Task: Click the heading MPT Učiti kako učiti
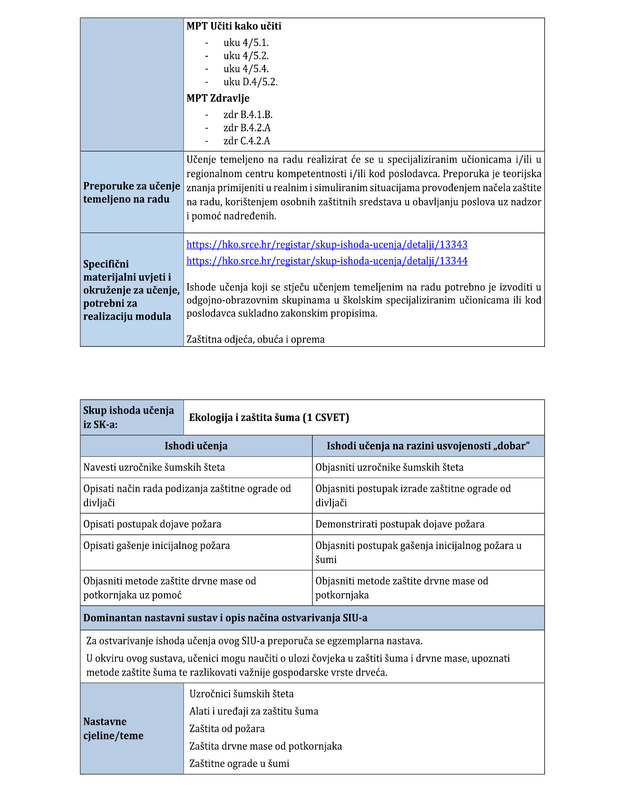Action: tap(234, 26)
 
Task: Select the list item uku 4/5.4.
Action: tap(246, 69)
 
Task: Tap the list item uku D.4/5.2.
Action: tap(250, 82)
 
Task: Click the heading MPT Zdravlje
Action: tap(218, 98)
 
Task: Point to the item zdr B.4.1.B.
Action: tap(248, 115)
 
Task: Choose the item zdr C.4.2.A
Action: tap(247, 141)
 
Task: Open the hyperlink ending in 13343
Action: tap(327, 245)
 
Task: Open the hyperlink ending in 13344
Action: tap(327, 261)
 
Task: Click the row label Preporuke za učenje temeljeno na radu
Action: tap(131, 192)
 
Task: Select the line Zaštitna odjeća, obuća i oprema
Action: tap(255, 339)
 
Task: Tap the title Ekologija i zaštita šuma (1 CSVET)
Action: tap(269, 417)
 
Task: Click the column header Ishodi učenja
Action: tap(196, 446)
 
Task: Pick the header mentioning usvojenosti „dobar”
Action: tap(428, 446)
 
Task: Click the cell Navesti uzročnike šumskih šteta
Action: tap(154, 467)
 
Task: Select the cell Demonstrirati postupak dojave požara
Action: tap(400, 524)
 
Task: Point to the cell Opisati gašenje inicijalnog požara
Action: tap(156, 546)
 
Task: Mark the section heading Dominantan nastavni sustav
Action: tap(225, 618)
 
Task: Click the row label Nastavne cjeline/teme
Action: tap(113, 728)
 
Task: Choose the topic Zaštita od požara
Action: tap(227, 729)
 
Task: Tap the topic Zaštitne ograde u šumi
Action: tap(239, 764)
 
